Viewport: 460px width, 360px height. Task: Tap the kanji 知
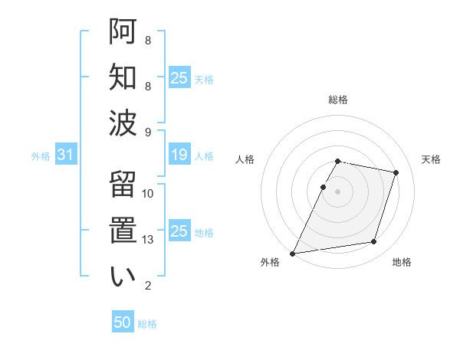pyautogui.click(x=123, y=77)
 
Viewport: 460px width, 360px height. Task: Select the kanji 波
pyautogui.click(x=123, y=123)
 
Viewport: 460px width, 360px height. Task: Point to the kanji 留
pyautogui.click(x=123, y=185)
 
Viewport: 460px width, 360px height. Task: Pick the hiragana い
pyautogui.click(x=123, y=277)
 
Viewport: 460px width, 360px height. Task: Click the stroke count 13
pyautogui.click(x=149, y=240)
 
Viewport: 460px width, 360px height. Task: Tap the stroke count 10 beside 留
pyautogui.click(x=149, y=194)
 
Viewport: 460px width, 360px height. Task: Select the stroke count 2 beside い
pyautogui.click(x=148, y=286)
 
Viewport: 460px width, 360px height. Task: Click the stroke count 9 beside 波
pyautogui.click(x=148, y=132)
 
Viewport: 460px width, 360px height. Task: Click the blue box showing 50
pyautogui.click(x=123, y=322)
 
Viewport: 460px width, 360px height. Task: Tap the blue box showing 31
pyautogui.click(x=65, y=155)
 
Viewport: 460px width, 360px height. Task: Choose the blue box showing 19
pyautogui.click(x=179, y=155)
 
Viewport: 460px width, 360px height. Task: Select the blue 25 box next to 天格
pyautogui.click(x=179, y=78)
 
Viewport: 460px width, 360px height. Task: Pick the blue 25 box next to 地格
pyautogui.click(x=179, y=231)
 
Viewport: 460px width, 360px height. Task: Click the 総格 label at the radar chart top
pyautogui.click(x=338, y=100)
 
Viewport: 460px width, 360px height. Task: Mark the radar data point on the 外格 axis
pyautogui.click(x=293, y=253)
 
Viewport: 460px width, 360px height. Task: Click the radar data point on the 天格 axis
pyautogui.click(x=396, y=172)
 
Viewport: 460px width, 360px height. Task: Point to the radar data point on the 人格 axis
pyautogui.click(x=324, y=187)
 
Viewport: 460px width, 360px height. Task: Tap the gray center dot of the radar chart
pyautogui.click(x=338, y=191)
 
